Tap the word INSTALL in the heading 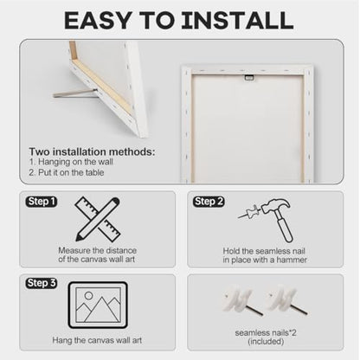pos(237,20)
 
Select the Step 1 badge pos(42,202)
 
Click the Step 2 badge pos(209,202)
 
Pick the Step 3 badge pos(42,283)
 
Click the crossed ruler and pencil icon pos(98,219)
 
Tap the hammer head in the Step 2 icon pos(275,205)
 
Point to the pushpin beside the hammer pos(249,212)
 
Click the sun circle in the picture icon pos(88,295)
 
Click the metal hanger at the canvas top pos(248,77)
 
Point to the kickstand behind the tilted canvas pos(74,93)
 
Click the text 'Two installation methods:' pos(92,151)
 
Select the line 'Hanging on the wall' pos(71,162)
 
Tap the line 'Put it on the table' pos(67,172)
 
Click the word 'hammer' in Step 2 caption pos(292,260)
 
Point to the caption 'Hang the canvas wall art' pos(97,340)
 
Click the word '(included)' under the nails pos(266,342)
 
